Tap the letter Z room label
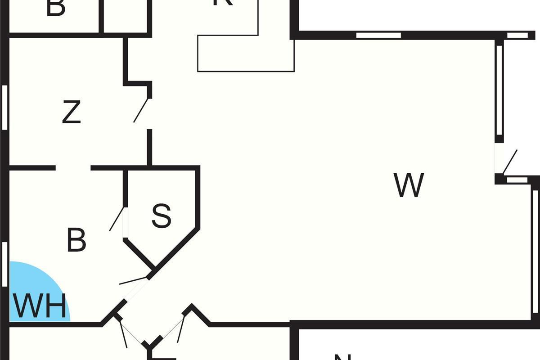click(x=71, y=112)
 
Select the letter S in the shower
click(x=161, y=216)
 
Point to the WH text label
click(x=40, y=306)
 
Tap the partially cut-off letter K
click(x=223, y=2)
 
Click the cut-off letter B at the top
click(x=56, y=7)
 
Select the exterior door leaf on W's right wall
click(x=510, y=162)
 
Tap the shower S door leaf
click(x=117, y=219)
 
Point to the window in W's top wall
click(x=378, y=35)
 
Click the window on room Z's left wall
click(x=5, y=108)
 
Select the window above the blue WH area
click(x=5, y=264)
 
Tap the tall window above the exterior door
click(x=499, y=90)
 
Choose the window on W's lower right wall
click(x=535, y=252)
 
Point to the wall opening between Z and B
click(x=73, y=168)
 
